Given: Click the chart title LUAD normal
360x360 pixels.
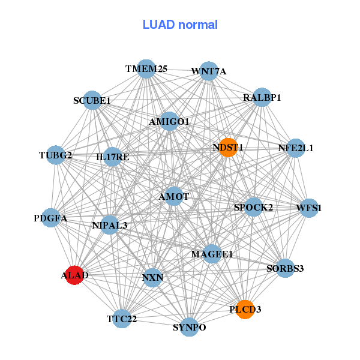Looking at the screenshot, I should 180,25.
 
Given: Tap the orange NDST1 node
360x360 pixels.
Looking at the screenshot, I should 228,147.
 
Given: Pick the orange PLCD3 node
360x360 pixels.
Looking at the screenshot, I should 245,309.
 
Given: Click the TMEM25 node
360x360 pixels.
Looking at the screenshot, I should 146,69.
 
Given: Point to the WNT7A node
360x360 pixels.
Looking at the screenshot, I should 208,71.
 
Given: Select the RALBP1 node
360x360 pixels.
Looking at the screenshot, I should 262,97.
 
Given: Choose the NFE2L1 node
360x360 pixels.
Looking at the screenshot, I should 295,148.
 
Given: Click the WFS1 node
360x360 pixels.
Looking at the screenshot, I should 309,208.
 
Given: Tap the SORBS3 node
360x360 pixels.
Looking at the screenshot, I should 285,268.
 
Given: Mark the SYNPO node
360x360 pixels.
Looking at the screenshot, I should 190,327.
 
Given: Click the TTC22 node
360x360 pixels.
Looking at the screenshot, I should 122,319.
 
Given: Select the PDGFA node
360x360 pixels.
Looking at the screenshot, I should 51,218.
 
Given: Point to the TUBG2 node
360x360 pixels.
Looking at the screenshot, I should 55,155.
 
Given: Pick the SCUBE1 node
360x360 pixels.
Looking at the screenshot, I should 92,100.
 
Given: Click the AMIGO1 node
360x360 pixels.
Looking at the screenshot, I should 169,122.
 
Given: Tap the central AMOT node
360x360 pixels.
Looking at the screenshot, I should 174,196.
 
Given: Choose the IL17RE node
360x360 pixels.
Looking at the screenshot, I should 113,157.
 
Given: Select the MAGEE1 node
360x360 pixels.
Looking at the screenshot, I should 212,254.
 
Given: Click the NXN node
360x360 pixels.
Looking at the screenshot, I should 152,278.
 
